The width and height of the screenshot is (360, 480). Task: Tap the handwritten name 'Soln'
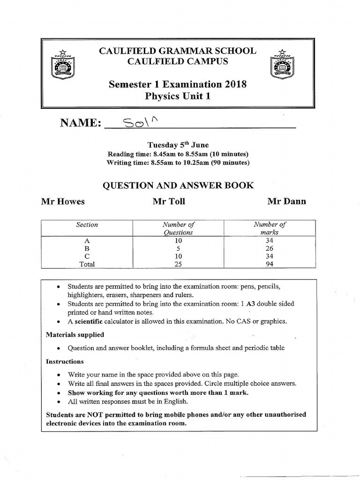141,123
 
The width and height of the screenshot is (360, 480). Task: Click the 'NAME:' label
81,123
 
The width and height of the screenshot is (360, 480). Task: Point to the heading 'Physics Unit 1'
177,97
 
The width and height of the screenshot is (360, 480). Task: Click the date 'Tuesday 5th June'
178,144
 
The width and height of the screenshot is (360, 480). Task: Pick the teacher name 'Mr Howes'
63,202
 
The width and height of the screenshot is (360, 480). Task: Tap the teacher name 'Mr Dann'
286,202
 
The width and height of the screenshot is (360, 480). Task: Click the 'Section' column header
87,225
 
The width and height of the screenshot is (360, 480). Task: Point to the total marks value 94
269,264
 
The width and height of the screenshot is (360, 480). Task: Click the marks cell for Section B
269,248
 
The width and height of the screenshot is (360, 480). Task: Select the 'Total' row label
87,264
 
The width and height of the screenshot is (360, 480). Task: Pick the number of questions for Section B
178,248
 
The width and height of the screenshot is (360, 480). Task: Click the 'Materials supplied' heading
75,335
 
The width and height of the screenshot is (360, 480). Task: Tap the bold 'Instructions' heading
65,361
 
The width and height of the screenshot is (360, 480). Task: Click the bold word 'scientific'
90,322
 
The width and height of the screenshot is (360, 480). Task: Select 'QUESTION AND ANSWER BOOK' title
178,186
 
